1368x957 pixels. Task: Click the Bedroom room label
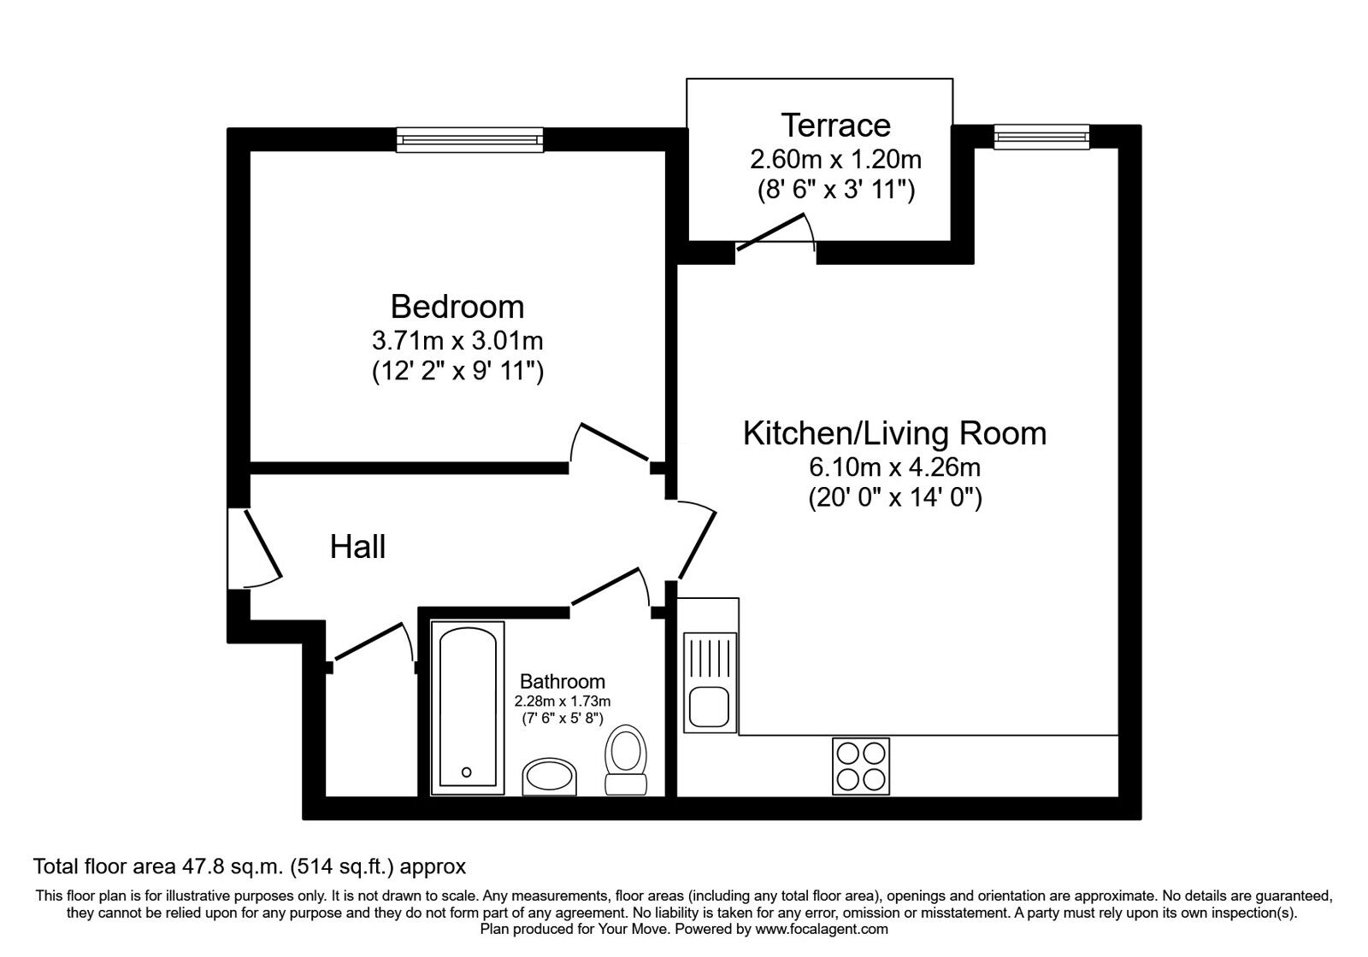457,306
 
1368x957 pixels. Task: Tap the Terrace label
835,126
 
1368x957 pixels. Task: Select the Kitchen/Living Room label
894,433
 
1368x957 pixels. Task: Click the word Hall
358,547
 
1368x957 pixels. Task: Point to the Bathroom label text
563,682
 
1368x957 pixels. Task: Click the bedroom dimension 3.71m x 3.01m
457,341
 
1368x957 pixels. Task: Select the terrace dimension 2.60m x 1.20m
835,159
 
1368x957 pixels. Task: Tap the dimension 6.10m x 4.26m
894,468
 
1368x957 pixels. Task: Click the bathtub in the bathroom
467,706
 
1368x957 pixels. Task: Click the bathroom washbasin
549,777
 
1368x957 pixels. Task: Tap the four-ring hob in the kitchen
860,766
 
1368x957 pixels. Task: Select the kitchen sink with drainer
710,683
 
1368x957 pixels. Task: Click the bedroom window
469,138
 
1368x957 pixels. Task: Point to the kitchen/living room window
1042,135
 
